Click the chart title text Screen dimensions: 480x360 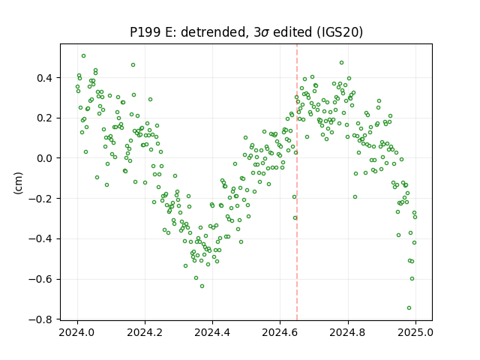click(247, 32)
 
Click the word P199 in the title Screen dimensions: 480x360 click(145, 32)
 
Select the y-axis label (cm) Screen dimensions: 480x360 click(18, 183)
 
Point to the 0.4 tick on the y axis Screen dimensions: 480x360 click(46, 78)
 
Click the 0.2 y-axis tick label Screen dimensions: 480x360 click(46, 118)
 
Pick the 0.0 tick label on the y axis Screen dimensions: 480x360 click(46, 158)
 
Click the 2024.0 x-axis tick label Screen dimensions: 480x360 click(77, 332)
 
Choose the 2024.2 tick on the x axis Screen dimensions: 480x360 click(145, 332)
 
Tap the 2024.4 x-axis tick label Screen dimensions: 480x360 click(212, 332)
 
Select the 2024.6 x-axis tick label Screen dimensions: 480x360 click(280, 332)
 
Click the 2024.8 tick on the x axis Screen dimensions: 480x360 click(348, 332)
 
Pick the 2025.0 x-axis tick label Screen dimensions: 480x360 click(415, 332)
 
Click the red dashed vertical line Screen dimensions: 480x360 click(297, 182)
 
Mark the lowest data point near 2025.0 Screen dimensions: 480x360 click(409, 308)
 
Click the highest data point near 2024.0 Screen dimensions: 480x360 click(83, 56)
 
